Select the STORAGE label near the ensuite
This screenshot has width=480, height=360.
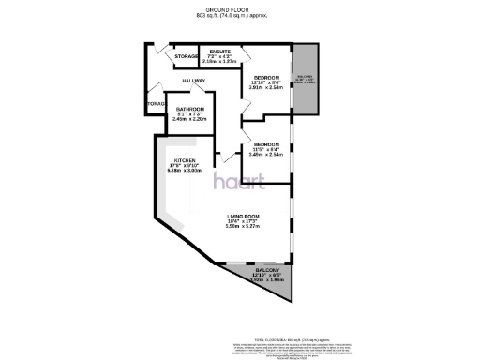point(186,56)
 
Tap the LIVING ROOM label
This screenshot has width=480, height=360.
point(243,217)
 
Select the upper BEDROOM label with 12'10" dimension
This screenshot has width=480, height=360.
point(267,77)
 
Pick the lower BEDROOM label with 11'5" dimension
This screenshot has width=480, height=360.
point(268,143)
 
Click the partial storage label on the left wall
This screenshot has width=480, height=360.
point(155,103)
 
